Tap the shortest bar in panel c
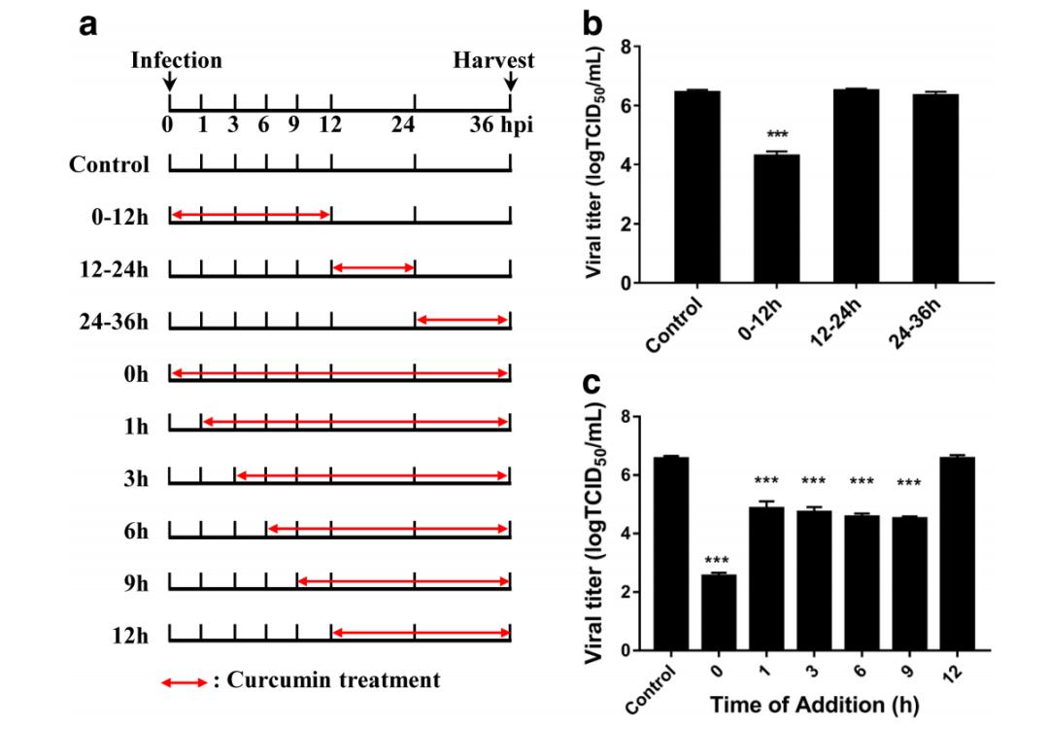[719, 612]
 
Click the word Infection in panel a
[177, 60]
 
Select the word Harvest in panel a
[493, 60]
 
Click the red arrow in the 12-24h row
[373, 267]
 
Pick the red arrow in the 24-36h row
[461, 320]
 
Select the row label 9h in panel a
[135, 585]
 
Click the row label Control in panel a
[109, 164]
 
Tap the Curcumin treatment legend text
[332, 680]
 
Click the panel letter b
[592, 25]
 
